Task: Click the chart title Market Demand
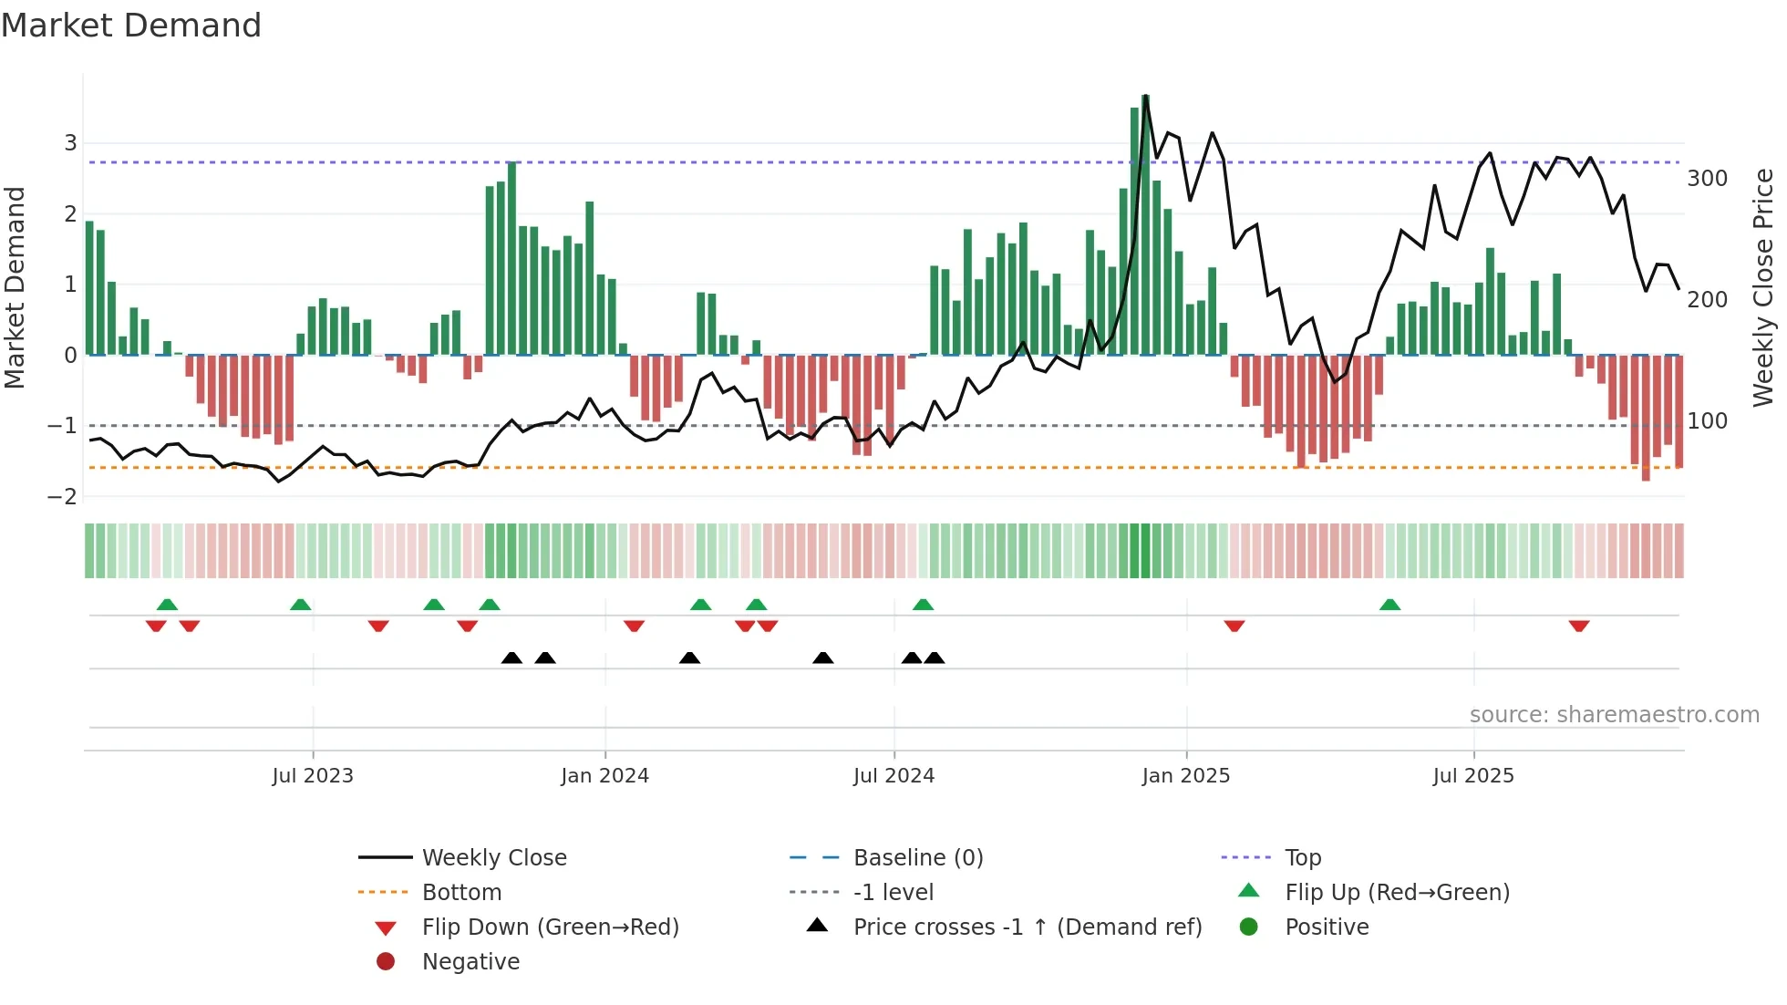[131, 26]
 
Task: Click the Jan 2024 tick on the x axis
[604, 776]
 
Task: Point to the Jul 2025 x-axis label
[1472, 776]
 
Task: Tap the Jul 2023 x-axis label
[313, 776]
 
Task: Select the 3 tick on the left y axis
[70, 143]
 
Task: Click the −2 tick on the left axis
[63, 497]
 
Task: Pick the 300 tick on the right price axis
[1707, 179]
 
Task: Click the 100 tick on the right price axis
[1707, 421]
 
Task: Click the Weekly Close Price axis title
[1763, 287]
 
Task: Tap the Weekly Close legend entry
[493, 858]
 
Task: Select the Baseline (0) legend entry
[917, 858]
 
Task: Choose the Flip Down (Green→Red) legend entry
[550, 927]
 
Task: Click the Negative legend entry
[470, 962]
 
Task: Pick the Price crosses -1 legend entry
[1027, 927]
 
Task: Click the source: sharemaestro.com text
[1614, 715]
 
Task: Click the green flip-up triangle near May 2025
[1389, 605]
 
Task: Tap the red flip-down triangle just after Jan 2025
[1234, 626]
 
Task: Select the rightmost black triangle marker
[935, 658]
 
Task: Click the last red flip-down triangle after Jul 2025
[1579, 626]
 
